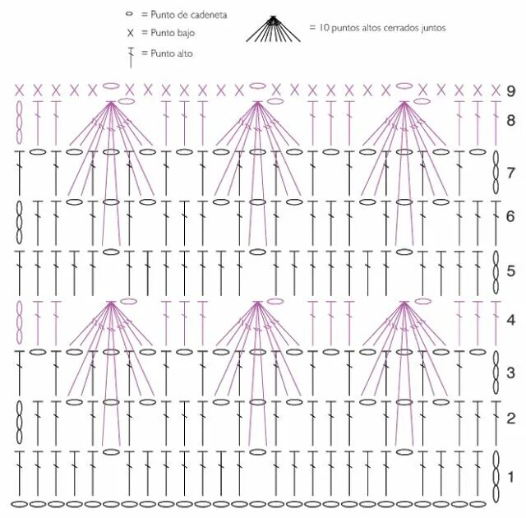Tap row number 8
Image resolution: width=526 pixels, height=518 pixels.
click(510, 121)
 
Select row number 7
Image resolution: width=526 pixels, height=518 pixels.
click(510, 173)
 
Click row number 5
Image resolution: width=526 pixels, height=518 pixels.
click(510, 271)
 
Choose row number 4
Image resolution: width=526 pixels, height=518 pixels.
click(510, 320)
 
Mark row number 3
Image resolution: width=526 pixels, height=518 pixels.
click(510, 372)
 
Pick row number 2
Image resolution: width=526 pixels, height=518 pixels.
click(510, 419)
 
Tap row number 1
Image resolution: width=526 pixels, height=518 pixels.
click(510, 477)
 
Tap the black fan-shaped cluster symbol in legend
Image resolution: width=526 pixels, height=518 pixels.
click(274, 29)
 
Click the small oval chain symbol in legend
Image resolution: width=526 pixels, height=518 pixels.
click(130, 14)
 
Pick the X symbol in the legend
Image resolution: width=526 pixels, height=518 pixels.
click(130, 33)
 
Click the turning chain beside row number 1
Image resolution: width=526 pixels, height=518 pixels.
click(496, 477)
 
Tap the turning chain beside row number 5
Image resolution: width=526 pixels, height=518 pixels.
click(496, 272)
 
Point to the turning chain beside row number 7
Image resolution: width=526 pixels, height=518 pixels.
click(496, 173)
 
